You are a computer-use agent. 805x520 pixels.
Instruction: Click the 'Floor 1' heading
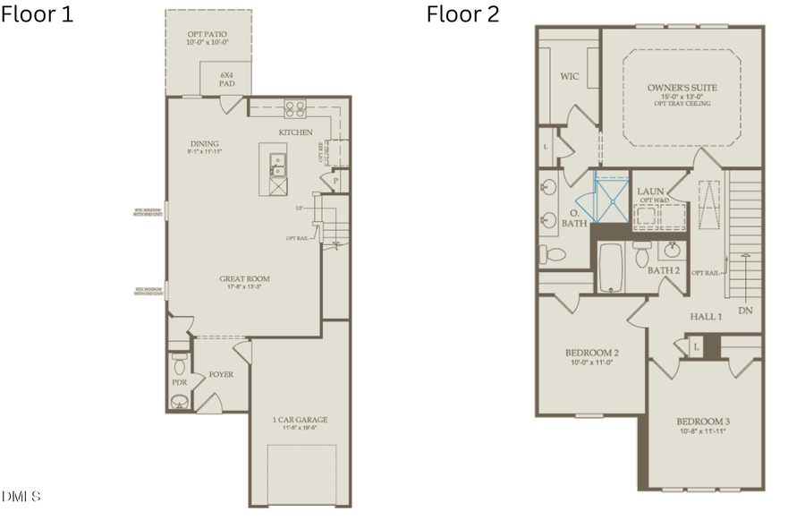[x=38, y=14]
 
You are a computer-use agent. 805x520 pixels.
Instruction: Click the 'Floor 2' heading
[x=462, y=14]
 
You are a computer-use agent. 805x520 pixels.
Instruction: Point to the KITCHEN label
[x=295, y=132]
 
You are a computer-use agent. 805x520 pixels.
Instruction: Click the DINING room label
[x=205, y=144]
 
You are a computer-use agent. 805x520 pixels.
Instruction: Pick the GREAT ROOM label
[x=244, y=279]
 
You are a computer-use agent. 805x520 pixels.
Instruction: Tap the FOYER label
[x=221, y=374]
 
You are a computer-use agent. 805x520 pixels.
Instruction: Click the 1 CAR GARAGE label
[x=300, y=420]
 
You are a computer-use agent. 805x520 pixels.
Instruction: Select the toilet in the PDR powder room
[x=179, y=364]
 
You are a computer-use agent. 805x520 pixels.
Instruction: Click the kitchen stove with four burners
[x=294, y=108]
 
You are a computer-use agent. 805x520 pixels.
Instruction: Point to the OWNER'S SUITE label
[x=682, y=88]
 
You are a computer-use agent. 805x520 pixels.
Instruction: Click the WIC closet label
[x=569, y=77]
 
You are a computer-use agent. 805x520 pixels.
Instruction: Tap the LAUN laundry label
[x=649, y=192]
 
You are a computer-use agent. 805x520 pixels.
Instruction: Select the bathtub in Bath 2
[x=611, y=266]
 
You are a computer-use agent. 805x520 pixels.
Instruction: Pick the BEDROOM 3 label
[x=702, y=422]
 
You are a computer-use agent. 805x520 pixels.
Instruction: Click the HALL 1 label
[x=706, y=317]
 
